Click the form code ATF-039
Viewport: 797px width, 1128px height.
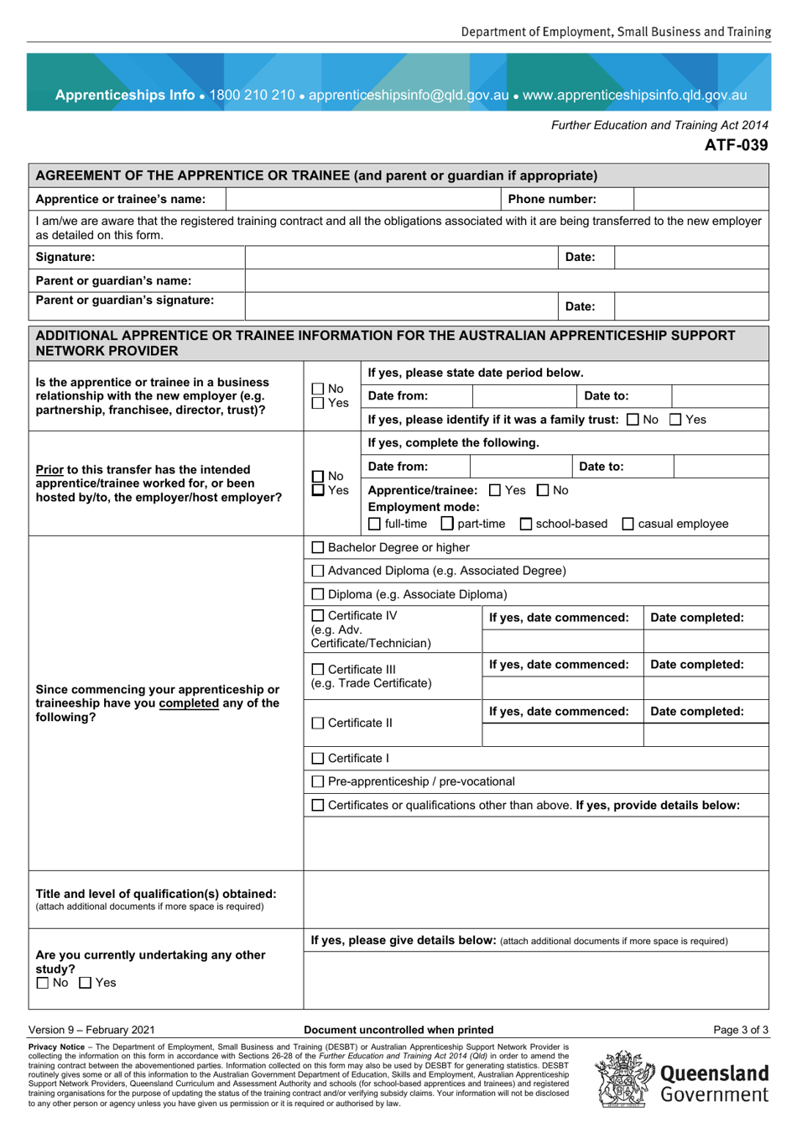736,145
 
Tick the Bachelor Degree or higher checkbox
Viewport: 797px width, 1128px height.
318,548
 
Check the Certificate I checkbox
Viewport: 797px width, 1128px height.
318,759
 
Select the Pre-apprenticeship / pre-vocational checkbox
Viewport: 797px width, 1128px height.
318,782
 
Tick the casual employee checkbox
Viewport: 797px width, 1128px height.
628,525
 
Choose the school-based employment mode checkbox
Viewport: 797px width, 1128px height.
526,525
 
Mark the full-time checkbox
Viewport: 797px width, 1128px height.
375,525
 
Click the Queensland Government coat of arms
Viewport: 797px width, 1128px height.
624,1080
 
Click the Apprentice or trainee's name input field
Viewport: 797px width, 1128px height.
363,200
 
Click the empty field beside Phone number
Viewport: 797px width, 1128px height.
701,200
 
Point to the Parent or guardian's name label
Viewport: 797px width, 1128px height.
113,281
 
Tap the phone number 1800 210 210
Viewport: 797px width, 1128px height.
252,95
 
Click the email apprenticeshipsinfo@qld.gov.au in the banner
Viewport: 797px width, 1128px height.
409,95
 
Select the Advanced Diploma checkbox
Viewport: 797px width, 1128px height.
318,572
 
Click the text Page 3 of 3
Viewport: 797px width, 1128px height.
740,1030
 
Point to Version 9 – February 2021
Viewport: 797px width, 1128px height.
91,1030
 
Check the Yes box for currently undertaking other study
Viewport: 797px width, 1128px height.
86,983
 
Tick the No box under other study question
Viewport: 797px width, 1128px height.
43,983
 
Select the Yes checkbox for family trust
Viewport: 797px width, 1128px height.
676,420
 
